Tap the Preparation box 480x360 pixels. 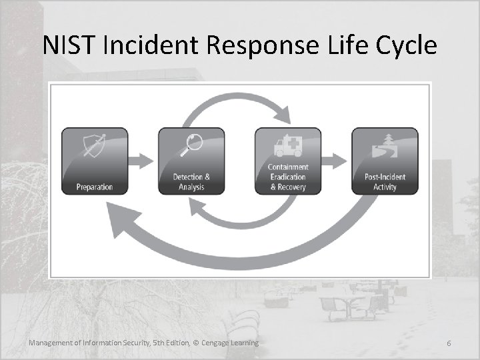(x=95, y=161)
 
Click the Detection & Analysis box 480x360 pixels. (x=191, y=161)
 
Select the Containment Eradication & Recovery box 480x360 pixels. (x=288, y=161)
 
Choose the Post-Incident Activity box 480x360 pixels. (x=385, y=161)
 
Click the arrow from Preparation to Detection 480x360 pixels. (x=143, y=161)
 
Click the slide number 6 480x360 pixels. (x=449, y=343)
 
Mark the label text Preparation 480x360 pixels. (x=95, y=187)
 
